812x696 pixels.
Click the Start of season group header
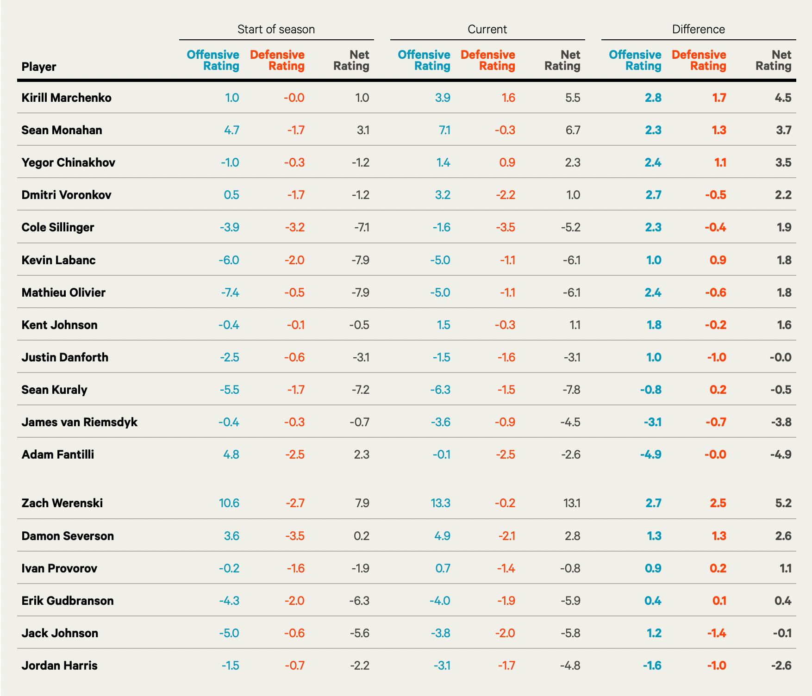coord(276,29)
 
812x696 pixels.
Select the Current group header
coord(487,29)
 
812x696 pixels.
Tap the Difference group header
coord(698,29)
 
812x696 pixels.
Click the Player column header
coord(39,67)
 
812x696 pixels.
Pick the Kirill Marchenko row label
coord(66,98)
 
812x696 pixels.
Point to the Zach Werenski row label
coord(62,503)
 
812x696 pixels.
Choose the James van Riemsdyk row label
coord(79,422)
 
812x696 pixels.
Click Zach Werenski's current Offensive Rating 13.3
coord(440,503)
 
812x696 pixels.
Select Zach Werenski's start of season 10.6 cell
coord(229,503)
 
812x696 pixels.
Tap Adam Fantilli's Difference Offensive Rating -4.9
coord(650,454)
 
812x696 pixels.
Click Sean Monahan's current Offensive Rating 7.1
coord(444,130)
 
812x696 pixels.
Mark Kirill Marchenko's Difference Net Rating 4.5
coord(783,98)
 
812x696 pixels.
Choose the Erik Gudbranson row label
coord(68,601)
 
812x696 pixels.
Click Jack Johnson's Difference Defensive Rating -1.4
coord(716,633)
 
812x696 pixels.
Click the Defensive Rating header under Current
coord(488,61)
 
